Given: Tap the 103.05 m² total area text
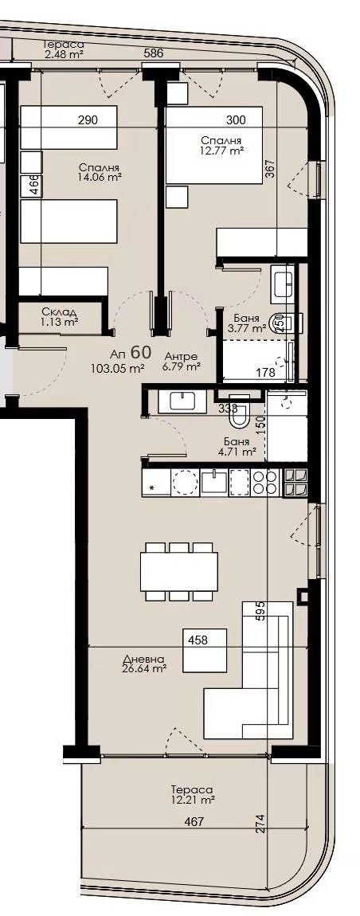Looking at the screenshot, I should click(119, 368).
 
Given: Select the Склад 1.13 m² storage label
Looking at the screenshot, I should click(59, 317).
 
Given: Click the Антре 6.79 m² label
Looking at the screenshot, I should click(182, 362).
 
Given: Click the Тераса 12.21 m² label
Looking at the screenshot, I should click(192, 793).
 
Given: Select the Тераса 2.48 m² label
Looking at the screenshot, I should click(64, 49).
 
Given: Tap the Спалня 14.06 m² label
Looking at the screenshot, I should click(100, 173).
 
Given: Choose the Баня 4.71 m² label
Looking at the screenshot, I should click(237, 446).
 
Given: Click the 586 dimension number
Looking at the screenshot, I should click(153, 53).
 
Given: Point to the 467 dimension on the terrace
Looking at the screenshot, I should click(194, 822).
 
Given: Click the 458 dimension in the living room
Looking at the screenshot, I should click(198, 639).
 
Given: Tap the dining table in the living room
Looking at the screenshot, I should click(179, 570).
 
